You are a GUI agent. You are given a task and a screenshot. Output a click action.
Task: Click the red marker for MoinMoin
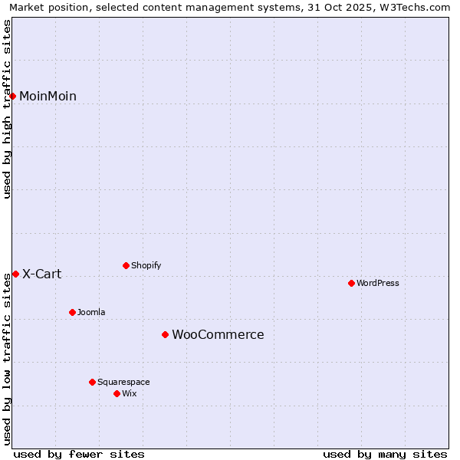13,96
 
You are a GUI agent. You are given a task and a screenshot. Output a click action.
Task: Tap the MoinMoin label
48,96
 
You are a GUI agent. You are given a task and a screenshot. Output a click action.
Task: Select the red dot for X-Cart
15,274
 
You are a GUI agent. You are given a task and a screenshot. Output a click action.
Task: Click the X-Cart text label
41,274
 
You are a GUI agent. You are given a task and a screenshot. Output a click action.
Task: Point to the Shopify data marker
126,265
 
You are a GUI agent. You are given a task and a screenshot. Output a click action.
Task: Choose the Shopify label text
146,265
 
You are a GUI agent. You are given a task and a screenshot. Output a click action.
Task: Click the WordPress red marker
351,283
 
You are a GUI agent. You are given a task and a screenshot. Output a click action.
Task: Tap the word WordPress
377,283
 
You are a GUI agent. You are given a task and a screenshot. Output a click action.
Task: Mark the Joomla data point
72,312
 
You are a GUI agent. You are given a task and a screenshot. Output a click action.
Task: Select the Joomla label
91,312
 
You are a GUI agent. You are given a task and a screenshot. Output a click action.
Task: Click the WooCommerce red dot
165,334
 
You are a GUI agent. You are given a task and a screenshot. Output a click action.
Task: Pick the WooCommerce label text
218,334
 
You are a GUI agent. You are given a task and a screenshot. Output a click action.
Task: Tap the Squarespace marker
92,382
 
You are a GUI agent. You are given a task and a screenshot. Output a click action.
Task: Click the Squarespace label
123,382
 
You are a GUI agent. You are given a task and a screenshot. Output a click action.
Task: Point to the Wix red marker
117,393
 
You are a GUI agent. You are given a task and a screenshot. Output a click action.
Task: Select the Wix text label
129,393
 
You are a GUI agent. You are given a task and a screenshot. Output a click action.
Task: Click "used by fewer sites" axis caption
79,454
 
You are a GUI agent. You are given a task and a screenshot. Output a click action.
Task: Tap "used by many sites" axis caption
385,454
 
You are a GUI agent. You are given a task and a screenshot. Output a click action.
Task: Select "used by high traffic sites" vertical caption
7,109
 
